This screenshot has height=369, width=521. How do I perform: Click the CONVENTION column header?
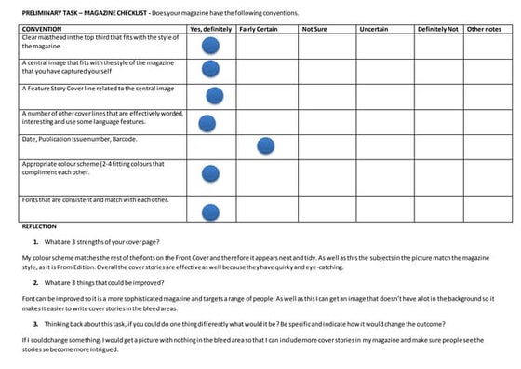(42, 30)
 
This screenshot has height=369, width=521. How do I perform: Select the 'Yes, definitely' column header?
(210, 30)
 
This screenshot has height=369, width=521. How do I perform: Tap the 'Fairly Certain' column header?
(259, 30)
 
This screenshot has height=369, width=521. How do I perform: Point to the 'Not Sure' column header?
(314, 30)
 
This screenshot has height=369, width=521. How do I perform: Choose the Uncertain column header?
(373, 30)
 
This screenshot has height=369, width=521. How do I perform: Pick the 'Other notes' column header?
(484, 30)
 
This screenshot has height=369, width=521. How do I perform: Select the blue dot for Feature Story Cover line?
(215, 94)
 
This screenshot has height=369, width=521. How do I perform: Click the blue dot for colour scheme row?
(210, 175)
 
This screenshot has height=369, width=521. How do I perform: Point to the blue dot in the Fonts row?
(211, 212)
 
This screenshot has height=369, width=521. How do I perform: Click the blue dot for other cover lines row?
(207, 122)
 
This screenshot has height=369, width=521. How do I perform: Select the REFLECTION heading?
(39, 226)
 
